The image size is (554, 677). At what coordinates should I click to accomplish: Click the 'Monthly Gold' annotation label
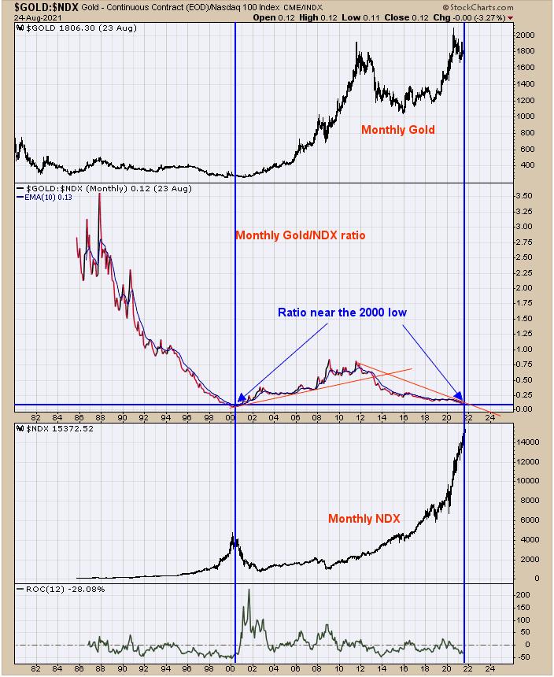[397, 130]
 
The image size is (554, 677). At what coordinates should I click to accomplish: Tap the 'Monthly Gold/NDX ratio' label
[300, 235]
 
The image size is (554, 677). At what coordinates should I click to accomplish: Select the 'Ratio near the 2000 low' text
[342, 312]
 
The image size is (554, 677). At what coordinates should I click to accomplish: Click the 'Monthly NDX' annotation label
[364, 519]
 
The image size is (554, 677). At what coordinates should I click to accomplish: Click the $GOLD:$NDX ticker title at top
[41, 7]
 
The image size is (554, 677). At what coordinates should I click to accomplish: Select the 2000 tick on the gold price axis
[526, 35]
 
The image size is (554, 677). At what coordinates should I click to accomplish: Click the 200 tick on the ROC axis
[523, 595]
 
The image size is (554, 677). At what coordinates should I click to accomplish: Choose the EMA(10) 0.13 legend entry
[47, 198]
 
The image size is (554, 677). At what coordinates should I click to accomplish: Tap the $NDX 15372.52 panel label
[55, 429]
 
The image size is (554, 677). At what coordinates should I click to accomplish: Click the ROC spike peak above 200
[249, 590]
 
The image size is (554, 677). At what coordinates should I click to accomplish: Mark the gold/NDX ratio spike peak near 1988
[98, 194]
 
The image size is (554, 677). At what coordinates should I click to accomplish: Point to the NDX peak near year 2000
[232, 535]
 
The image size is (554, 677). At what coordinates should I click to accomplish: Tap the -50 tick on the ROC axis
[523, 657]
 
